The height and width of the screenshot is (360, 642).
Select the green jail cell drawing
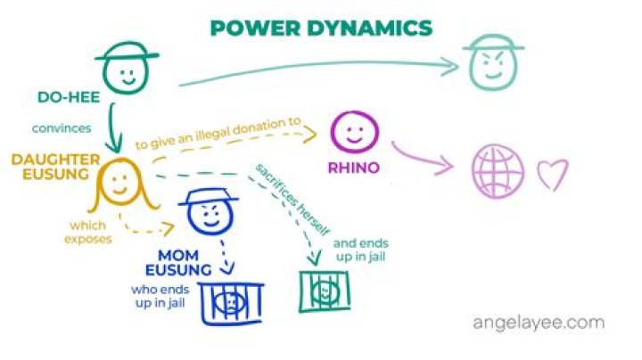click(x=324, y=291)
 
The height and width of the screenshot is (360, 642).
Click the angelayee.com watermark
click(x=538, y=322)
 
